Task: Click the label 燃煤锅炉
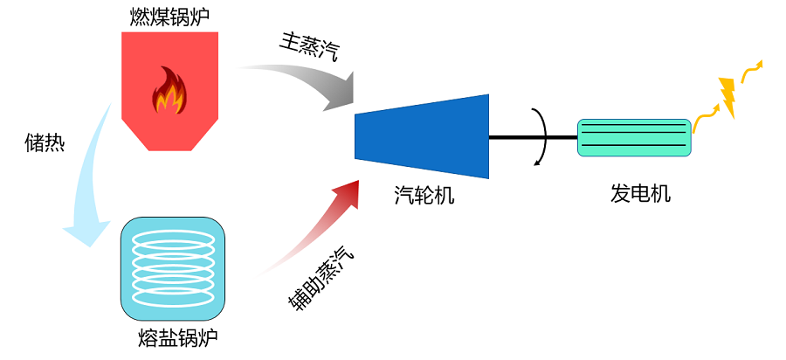[169, 17]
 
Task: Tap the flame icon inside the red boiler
[169, 90]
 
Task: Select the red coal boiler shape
[169, 91]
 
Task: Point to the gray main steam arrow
[311, 80]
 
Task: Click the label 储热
[45, 142]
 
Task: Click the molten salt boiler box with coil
[172, 269]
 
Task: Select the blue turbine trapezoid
[422, 136]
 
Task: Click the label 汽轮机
[424, 195]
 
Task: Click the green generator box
[635, 137]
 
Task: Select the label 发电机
[640, 193]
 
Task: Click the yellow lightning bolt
[727, 97]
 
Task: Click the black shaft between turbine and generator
[534, 137]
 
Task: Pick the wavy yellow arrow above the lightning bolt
[750, 73]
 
